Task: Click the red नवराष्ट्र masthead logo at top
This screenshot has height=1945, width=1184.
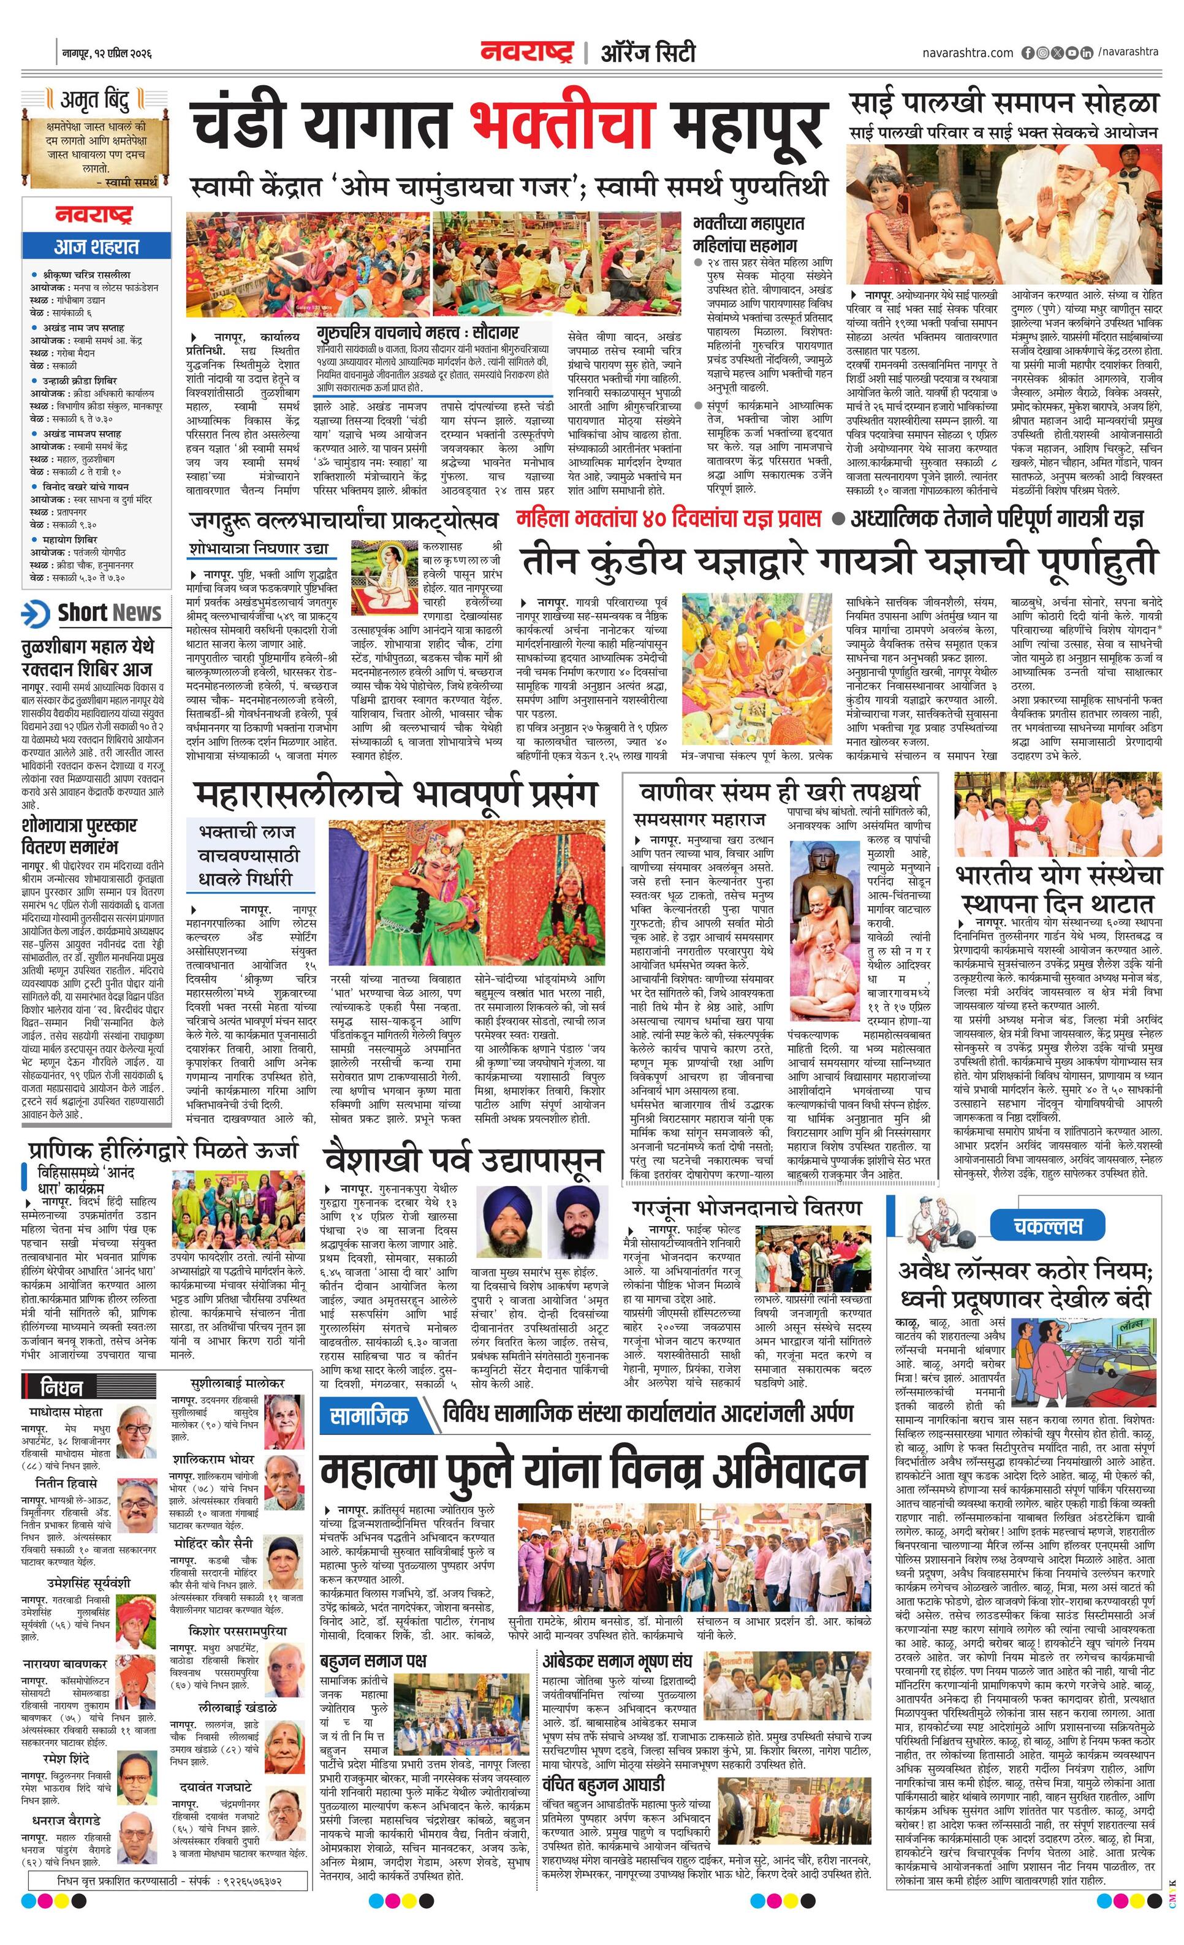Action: (526, 52)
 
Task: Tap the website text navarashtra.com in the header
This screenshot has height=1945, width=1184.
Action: (967, 53)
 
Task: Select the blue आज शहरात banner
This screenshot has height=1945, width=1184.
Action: (96, 246)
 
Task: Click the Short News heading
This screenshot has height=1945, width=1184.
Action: (109, 612)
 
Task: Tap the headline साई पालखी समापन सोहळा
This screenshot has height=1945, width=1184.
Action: (1004, 104)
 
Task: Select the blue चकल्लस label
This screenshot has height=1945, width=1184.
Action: (1047, 1226)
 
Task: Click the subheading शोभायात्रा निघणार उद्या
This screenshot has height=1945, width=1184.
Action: (259, 549)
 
